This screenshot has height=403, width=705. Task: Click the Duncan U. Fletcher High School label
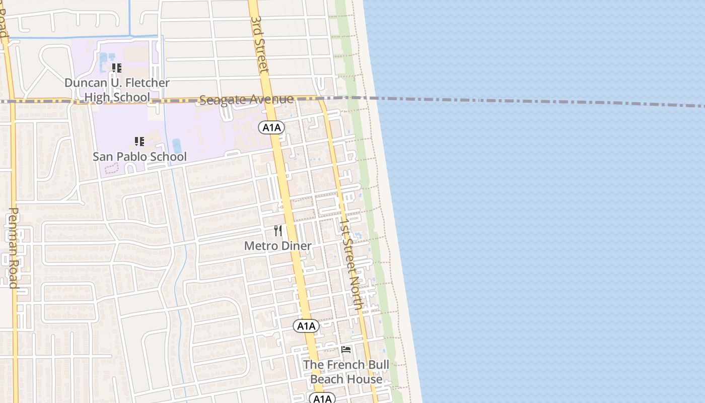[x=117, y=90]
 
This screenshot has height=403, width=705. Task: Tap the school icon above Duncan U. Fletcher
[x=117, y=68]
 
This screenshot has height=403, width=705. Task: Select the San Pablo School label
[x=139, y=157]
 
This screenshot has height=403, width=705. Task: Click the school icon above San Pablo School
[x=139, y=142]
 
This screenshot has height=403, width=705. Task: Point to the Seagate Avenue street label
[x=246, y=100]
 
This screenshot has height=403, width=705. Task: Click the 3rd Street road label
[x=259, y=44]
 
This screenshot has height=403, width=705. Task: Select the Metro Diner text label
[x=278, y=246]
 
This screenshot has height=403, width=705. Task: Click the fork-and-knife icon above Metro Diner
[x=278, y=231]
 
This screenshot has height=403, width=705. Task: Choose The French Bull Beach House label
[x=346, y=372]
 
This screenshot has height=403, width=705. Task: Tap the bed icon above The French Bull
[x=346, y=350]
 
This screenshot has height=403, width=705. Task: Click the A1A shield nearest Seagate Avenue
[x=272, y=127]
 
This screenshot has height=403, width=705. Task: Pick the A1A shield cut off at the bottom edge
[x=322, y=398]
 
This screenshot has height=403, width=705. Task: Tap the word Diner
[x=297, y=246]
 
